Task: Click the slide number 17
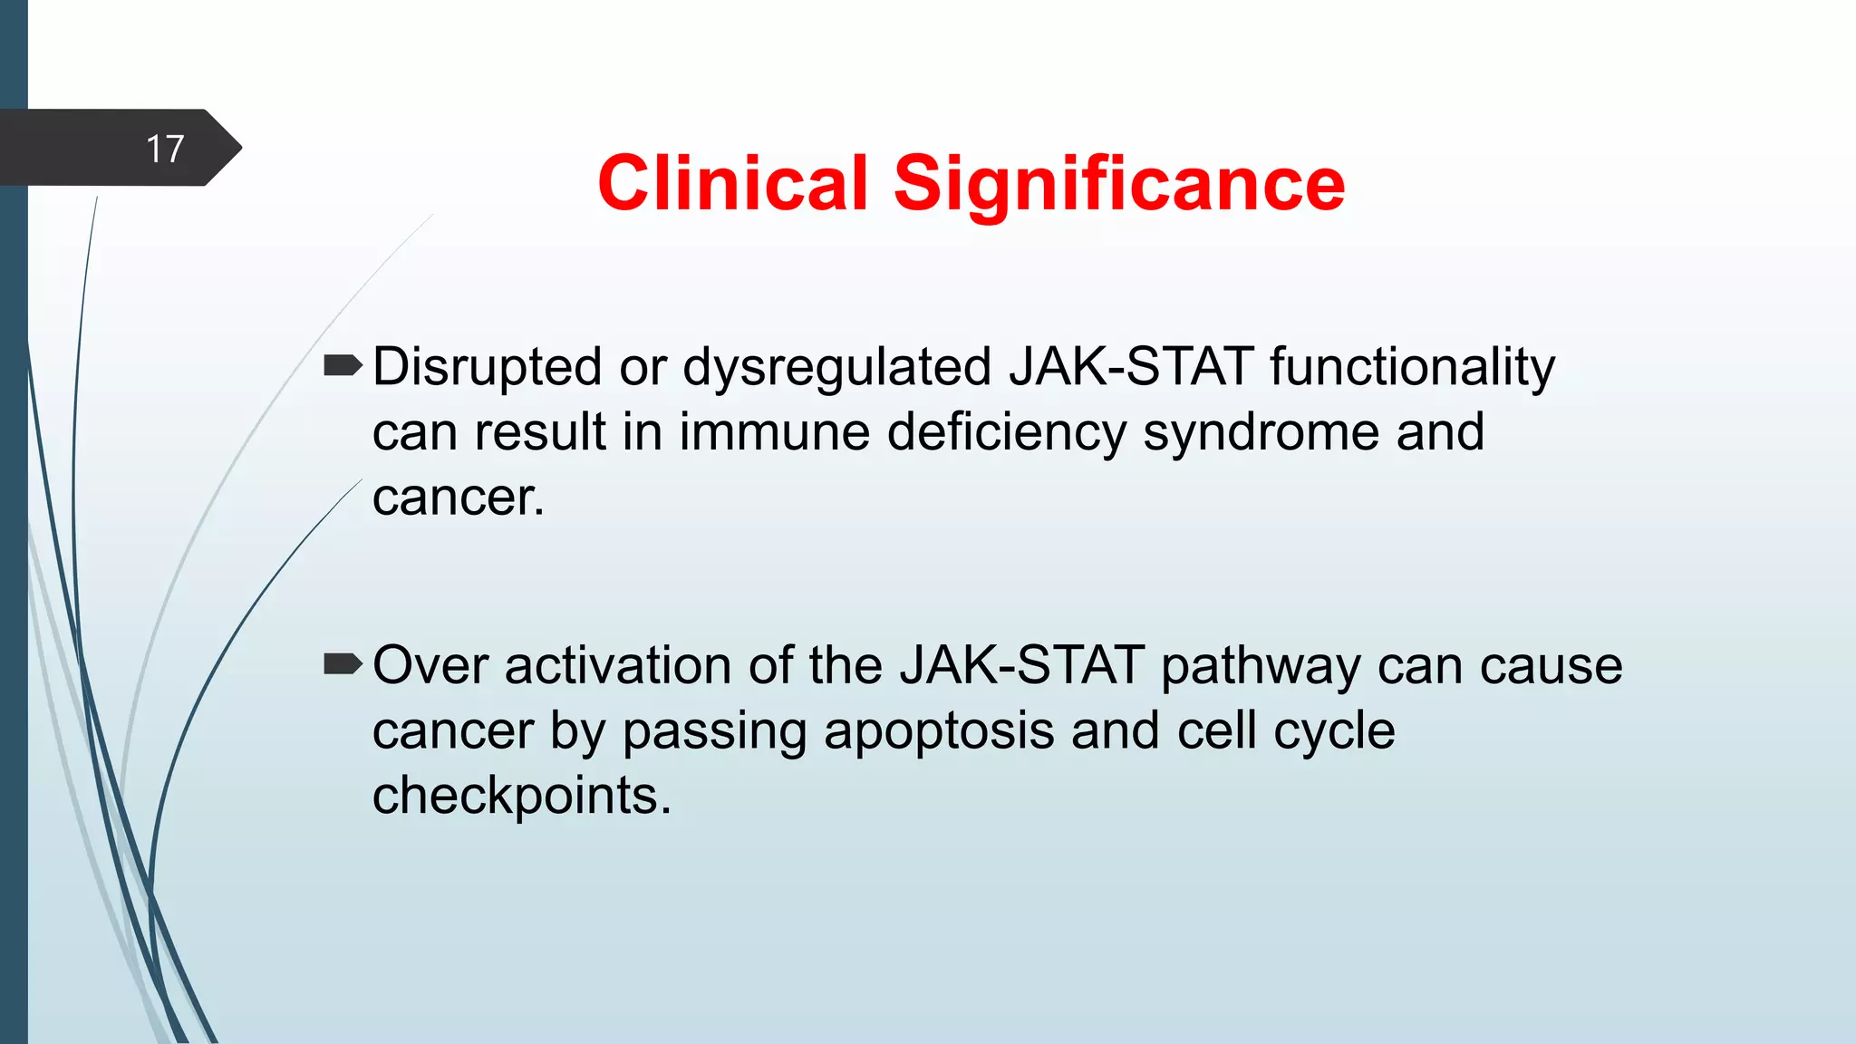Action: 165,149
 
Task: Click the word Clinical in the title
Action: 732,183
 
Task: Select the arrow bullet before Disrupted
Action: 343,366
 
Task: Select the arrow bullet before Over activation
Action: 343,665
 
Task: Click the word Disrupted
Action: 487,368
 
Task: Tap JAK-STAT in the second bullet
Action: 1021,665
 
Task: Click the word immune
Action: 775,431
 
